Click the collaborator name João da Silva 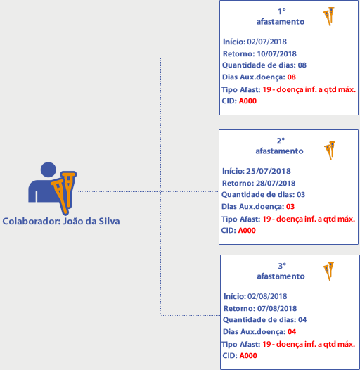point(91,221)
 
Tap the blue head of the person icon point(49,170)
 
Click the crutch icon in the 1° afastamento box point(329,16)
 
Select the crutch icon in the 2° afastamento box point(330,151)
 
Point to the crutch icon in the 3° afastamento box point(328,271)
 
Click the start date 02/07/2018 point(266,42)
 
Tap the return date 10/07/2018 point(277,53)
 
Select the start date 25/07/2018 point(269,171)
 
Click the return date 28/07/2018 point(276,183)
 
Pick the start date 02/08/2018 point(267,296)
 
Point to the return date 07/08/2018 point(277,308)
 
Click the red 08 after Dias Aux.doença point(292,77)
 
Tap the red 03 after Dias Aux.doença point(290,207)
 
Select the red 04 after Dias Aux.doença point(292,332)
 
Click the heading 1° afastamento point(281,16)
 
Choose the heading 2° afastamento point(280,146)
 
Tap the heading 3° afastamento point(281,271)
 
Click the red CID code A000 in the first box point(247,101)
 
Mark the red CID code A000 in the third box point(248,356)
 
